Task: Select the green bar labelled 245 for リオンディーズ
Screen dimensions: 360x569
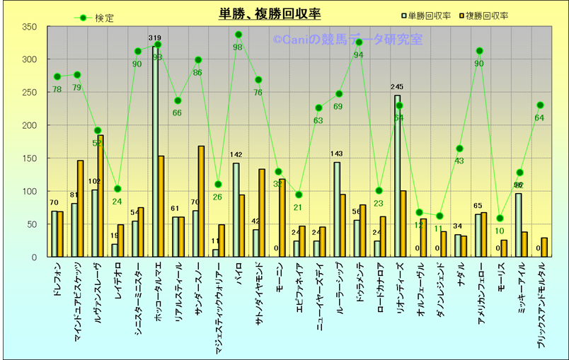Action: click(397, 176)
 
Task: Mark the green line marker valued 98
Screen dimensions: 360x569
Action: click(238, 35)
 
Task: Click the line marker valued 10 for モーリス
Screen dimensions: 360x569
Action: click(500, 219)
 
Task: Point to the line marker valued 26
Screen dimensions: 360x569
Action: click(218, 185)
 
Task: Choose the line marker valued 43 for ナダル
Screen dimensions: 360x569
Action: click(459, 149)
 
